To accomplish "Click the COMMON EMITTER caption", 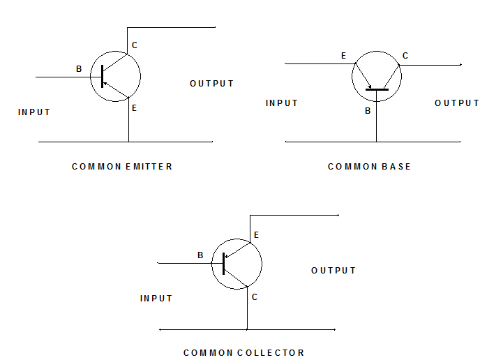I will (x=122, y=167).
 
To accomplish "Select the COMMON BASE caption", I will (x=369, y=167).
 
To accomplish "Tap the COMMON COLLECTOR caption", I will (x=243, y=352).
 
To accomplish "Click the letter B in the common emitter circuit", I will (x=80, y=69).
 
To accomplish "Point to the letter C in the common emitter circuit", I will (x=135, y=45).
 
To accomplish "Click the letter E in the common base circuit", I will (x=343, y=56).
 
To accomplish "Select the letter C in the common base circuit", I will (x=405, y=56).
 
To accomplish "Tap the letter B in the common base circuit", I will (x=368, y=110).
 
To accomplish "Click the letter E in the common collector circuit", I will (x=256, y=236).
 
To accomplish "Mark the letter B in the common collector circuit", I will (x=200, y=255).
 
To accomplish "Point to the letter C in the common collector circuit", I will (x=255, y=297).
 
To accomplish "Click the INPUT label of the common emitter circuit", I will (x=34, y=112).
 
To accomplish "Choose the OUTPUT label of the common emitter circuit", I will (x=212, y=84).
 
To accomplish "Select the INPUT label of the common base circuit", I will (x=282, y=103).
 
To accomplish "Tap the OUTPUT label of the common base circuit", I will (x=457, y=103).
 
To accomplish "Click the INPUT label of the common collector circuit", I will (x=156, y=298).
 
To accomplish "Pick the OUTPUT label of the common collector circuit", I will (x=333, y=270).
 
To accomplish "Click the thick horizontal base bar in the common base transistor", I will (x=377, y=89).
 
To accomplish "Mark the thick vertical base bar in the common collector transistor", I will (x=223, y=264).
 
